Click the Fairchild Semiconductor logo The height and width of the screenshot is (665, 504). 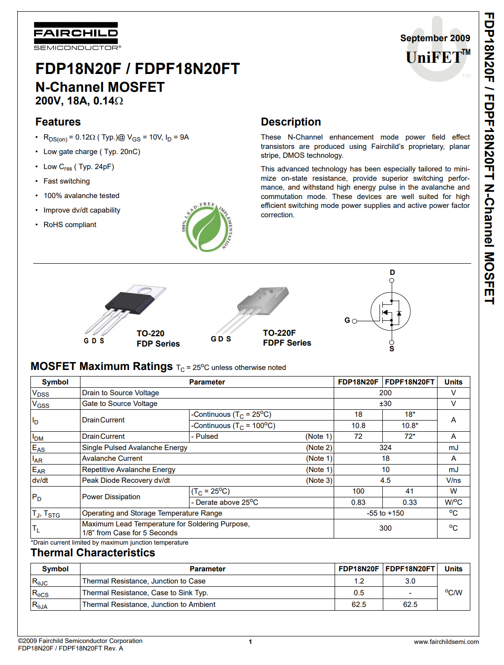76,36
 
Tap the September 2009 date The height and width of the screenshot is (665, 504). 435,38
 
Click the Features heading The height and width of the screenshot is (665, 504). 58,122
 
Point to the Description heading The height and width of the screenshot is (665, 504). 291,122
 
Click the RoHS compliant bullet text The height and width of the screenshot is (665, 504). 70,225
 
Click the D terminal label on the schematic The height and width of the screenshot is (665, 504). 392,273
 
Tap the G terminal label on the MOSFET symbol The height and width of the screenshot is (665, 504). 347,320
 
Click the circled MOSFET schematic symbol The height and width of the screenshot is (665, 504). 390,312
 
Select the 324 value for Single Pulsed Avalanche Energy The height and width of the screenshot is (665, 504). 385,448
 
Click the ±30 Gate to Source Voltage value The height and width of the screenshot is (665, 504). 385,404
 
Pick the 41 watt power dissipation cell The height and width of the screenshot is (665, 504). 409,491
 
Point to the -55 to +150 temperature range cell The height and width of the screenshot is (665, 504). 385,513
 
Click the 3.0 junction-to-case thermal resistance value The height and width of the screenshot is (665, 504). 410,581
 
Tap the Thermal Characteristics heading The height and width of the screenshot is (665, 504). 93,553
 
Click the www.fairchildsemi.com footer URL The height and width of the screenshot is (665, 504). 446,642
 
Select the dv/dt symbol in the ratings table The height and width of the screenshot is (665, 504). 40,480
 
